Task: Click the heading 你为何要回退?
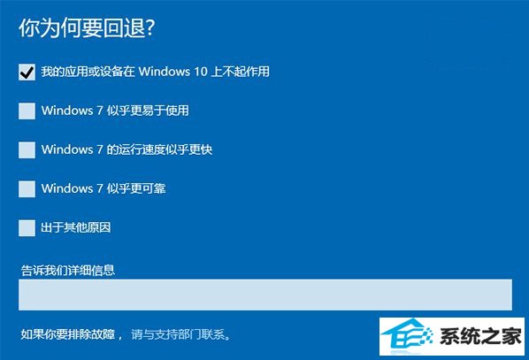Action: pyautogui.click(x=87, y=27)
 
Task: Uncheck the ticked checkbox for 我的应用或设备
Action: pyautogui.click(x=27, y=72)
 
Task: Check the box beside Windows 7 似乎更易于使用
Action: pyautogui.click(x=27, y=111)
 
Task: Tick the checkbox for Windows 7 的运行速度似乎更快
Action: pyautogui.click(x=27, y=149)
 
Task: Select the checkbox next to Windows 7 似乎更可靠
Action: pyautogui.click(x=27, y=189)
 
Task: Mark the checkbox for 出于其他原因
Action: pyautogui.click(x=27, y=228)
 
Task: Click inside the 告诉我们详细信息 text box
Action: pyautogui.click(x=265, y=295)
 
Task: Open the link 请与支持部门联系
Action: pyautogui.click(x=180, y=334)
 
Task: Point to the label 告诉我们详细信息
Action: pyautogui.click(x=68, y=271)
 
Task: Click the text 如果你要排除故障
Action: pyautogui.click(x=68, y=334)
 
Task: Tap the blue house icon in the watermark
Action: pyautogui.click(x=408, y=336)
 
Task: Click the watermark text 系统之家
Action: pyautogui.click(x=480, y=336)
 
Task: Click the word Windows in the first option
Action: pyautogui.click(x=165, y=72)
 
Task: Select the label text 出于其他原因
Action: pyautogui.click(x=76, y=227)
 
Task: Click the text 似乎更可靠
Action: pyautogui.click(x=136, y=188)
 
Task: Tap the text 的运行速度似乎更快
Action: pyautogui.click(x=159, y=149)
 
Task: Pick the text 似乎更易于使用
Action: pyautogui.click(x=148, y=111)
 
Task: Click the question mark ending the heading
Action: pyautogui.click(x=150, y=27)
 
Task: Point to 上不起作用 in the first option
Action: pyautogui.click(x=241, y=72)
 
